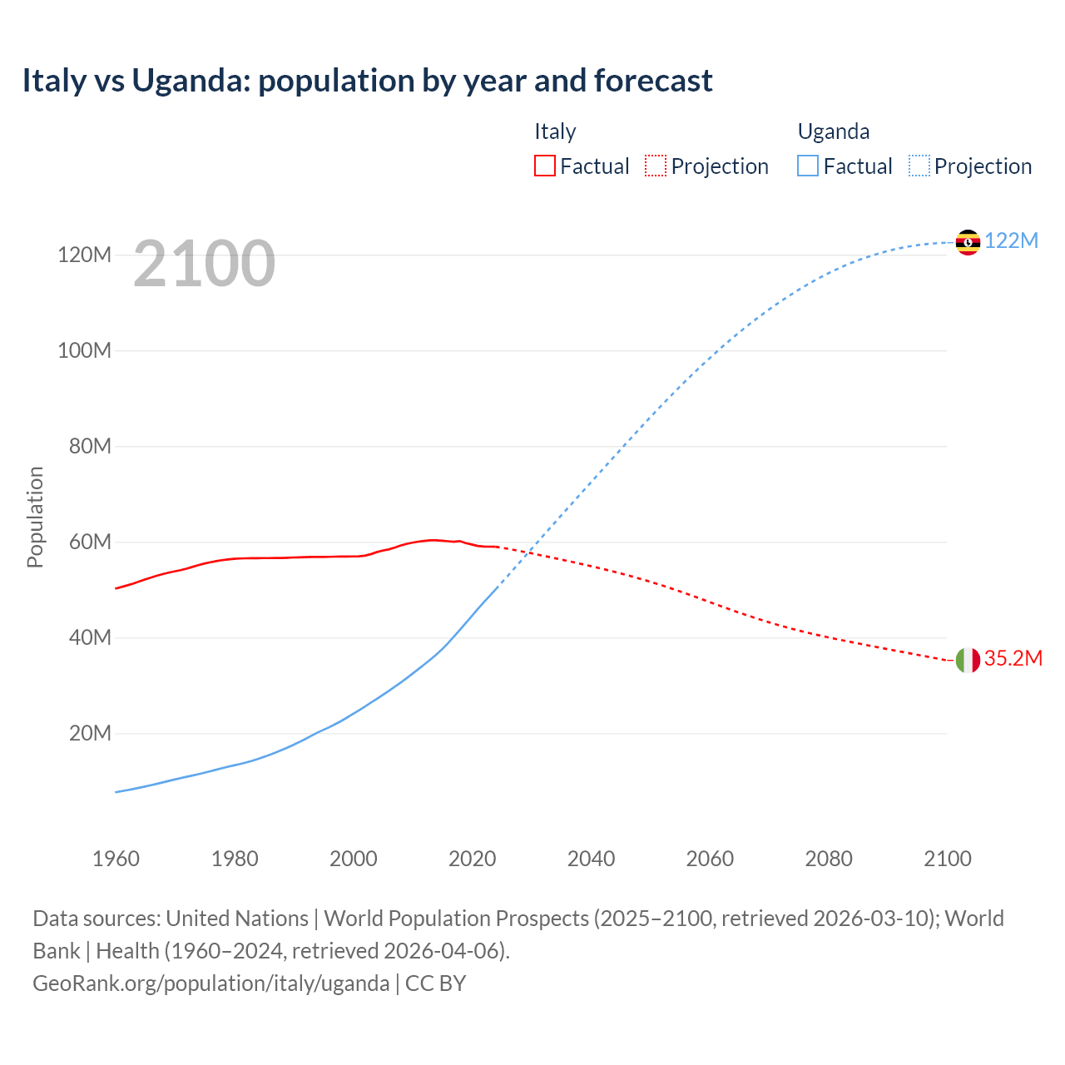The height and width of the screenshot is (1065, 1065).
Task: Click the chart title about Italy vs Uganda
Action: point(367,81)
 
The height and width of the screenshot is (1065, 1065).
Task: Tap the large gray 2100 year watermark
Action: point(204,264)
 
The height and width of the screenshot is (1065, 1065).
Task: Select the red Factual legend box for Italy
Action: point(544,166)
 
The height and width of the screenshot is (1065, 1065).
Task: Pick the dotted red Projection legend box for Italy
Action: point(656,166)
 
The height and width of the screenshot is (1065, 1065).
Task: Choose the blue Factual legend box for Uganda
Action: point(808,166)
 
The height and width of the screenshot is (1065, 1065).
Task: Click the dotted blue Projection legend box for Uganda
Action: point(919,166)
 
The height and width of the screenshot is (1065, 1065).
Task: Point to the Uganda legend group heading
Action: point(833,131)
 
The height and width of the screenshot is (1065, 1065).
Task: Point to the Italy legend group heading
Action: point(555,131)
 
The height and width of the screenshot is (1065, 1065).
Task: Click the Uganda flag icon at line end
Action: point(968,242)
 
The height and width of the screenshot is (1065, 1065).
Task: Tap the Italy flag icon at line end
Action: point(968,660)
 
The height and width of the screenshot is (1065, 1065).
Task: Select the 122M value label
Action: point(1012,241)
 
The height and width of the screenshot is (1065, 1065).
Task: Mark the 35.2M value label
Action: point(1013,659)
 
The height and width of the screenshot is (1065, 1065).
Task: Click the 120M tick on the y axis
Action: point(84,255)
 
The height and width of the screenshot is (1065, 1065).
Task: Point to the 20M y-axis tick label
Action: point(90,734)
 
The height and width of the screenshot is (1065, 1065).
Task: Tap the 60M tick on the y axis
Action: point(90,542)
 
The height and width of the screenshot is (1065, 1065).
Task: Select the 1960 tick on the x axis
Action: point(116,859)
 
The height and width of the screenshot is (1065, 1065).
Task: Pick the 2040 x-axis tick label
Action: point(591,859)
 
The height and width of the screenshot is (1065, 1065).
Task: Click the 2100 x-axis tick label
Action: point(947,859)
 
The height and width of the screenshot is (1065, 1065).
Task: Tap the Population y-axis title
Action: point(35,517)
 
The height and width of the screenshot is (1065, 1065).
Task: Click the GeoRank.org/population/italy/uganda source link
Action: point(211,983)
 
